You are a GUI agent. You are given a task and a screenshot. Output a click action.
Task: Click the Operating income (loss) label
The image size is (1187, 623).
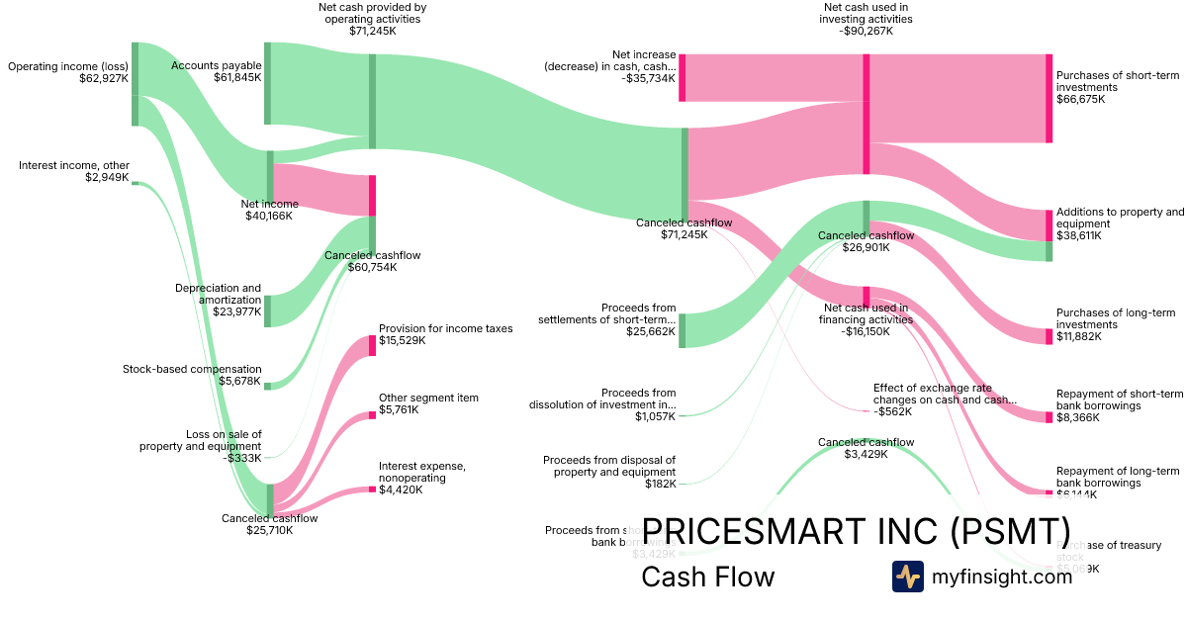click(68, 72)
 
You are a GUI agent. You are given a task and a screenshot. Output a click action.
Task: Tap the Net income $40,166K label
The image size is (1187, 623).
click(269, 210)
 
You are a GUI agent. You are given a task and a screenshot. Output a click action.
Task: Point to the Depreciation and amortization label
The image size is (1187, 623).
click(218, 300)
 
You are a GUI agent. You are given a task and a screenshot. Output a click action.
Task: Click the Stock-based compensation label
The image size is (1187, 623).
click(192, 375)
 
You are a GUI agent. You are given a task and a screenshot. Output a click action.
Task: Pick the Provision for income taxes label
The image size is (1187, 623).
click(445, 334)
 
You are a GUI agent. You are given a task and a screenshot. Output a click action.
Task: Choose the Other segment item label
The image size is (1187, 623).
click(428, 403)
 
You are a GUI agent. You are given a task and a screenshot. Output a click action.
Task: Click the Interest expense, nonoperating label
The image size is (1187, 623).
click(421, 477)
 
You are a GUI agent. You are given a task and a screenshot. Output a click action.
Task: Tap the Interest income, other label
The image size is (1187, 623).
click(73, 171)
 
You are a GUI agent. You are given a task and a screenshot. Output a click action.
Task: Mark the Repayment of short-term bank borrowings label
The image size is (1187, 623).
click(1119, 400)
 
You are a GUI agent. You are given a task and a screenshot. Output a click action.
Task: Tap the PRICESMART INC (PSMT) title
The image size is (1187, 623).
click(857, 531)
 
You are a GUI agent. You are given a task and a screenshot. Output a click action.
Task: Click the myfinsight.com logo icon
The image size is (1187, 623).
click(907, 577)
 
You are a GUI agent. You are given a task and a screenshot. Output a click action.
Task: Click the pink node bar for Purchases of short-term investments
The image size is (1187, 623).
click(1050, 98)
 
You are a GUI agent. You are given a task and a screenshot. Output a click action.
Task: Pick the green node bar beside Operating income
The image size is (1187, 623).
click(136, 84)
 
